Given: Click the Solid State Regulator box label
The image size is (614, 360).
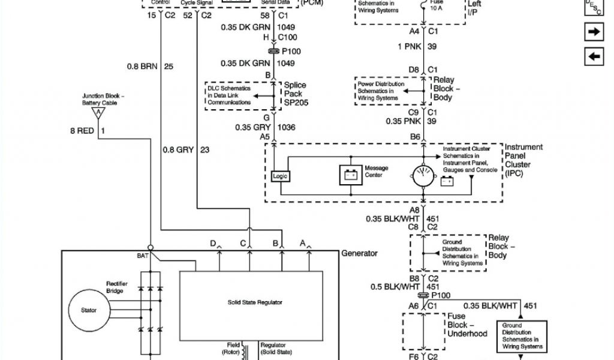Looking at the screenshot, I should click(255, 302).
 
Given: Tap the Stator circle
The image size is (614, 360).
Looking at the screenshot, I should click(88, 310).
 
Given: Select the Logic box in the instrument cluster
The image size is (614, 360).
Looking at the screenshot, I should click(280, 177).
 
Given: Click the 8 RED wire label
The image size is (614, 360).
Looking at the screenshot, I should click(82, 130).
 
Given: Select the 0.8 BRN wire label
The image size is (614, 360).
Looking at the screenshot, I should click(142, 66).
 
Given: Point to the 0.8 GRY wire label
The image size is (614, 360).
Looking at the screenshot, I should click(177, 150).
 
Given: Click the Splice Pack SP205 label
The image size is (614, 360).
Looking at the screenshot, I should click(294, 94).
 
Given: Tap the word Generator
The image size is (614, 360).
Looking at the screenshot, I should click(359, 253).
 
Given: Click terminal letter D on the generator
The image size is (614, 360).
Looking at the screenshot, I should click(212, 243).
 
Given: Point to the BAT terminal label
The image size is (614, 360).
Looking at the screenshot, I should click(142, 256).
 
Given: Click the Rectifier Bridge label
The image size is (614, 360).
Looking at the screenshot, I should click(115, 287).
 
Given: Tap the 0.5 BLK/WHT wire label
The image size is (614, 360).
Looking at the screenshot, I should click(393, 287).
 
